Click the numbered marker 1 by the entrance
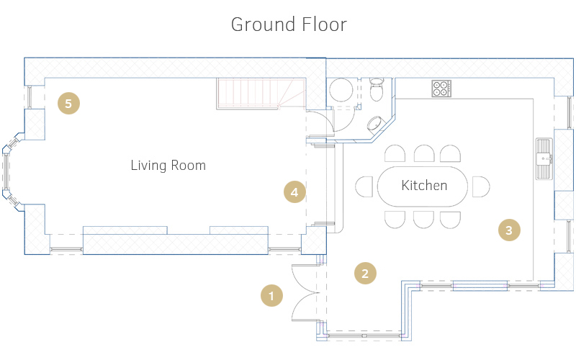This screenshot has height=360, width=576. coord(271,295)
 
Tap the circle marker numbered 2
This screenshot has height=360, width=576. coord(365,274)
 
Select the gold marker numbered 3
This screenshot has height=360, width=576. coord(509,230)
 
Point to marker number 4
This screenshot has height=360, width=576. coord(294,192)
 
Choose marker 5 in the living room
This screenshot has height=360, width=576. coord(68,103)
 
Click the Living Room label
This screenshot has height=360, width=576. coord(168,166)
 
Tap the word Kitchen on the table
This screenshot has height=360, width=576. coord(424,186)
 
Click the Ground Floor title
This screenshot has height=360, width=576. coord(289,24)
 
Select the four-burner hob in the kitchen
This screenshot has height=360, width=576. coord(441,88)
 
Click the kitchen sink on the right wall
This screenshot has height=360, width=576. coord(544,158)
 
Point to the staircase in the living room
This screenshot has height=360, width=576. coord(261,94)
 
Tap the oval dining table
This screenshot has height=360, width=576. coord(423,186)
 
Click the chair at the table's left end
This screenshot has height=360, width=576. coord(364,186)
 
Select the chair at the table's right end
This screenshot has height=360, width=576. coord(481,186)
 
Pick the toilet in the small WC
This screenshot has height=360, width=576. coord(377,89)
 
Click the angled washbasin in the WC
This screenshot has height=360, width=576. coord(374,123)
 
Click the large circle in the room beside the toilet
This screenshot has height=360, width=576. coord(341,89)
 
